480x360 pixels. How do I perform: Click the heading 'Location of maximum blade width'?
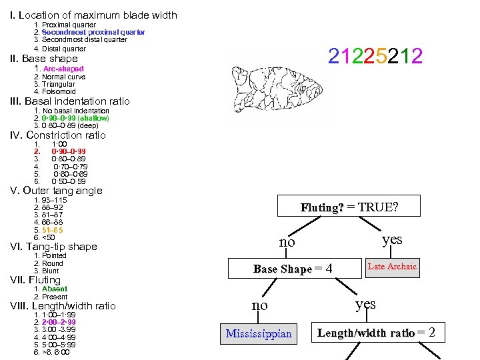click(x=98, y=15)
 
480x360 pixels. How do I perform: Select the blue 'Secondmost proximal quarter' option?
click(x=93, y=32)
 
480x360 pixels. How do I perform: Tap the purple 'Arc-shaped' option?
click(x=63, y=69)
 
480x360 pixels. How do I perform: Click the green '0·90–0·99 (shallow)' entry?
click(x=75, y=118)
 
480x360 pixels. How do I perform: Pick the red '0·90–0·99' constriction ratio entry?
click(x=69, y=151)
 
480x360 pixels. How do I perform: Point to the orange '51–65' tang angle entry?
click(x=53, y=229)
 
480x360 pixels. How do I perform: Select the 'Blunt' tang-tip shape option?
click(x=51, y=271)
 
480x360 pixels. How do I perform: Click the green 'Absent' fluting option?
click(x=55, y=289)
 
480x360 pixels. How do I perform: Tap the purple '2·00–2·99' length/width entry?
click(x=63, y=322)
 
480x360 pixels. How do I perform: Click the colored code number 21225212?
click(x=375, y=57)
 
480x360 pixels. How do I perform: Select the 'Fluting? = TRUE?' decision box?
click(x=349, y=207)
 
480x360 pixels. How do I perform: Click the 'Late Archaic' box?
click(x=392, y=267)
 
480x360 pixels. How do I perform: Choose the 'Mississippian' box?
click(x=259, y=333)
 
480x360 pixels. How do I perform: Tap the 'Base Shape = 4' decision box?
click(x=293, y=269)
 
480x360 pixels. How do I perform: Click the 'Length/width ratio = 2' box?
click(x=377, y=333)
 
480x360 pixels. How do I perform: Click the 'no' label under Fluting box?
click(x=287, y=241)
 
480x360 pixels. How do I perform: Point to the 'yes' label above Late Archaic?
click(x=392, y=239)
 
